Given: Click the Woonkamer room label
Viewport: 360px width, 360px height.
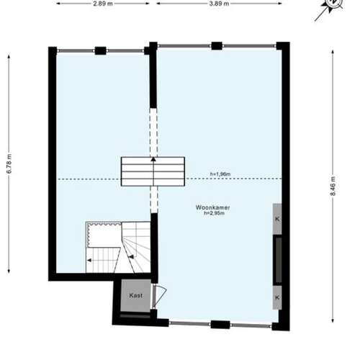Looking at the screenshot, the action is click(x=212, y=207).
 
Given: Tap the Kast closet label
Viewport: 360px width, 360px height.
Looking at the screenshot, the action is click(x=136, y=295).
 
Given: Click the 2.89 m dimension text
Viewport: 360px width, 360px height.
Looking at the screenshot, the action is click(x=103, y=4).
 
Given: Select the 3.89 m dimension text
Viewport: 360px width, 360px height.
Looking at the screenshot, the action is click(x=219, y=4).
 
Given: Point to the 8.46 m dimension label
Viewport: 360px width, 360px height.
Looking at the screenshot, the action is click(x=333, y=186).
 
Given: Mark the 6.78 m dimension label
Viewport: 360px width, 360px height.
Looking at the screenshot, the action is click(x=9, y=163).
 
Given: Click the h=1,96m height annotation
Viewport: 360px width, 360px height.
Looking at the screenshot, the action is click(x=220, y=174).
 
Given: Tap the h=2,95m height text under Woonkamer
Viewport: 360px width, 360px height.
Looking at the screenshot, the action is click(x=214, y=213).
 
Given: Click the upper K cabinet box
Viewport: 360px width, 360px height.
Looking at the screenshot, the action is click(x=277, y=219).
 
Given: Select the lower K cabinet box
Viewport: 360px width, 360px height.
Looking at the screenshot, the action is click(x=277, y=297).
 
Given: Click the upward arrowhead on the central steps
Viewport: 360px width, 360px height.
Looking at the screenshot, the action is click(x=153, y=159).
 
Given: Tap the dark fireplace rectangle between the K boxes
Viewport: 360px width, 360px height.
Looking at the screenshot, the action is click(x=279, y=260).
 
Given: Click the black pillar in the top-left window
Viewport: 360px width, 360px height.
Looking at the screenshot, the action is click(x=101, y=50).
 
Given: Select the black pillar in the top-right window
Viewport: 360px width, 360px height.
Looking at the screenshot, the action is click(x=217, y=45).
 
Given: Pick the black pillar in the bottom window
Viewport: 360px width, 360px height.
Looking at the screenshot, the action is click(x=220, y=325).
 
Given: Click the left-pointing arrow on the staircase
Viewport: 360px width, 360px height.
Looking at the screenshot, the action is click(x=89, y=260).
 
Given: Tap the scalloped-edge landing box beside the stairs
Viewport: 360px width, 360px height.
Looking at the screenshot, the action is click(x=104, y=235).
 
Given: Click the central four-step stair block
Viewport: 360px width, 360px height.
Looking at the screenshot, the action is click(x=153, y=171).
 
